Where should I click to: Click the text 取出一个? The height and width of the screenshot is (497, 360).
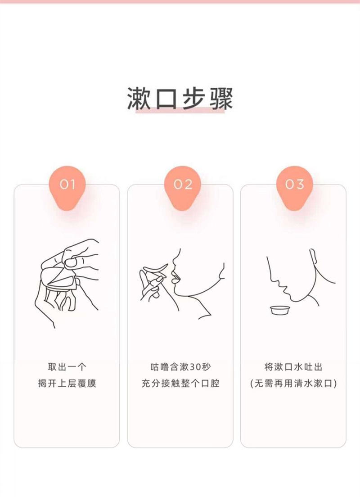[x=67, y=367]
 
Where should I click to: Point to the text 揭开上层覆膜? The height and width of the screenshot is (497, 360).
[x=67, y=384]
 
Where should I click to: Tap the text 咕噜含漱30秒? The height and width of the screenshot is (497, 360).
[x=180, y=367]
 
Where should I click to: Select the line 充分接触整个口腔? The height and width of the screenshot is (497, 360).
[x=180, y=384]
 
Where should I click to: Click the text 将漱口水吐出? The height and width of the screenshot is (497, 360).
[x=293, y=367]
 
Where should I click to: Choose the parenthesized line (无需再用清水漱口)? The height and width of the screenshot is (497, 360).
[x=293, y=384]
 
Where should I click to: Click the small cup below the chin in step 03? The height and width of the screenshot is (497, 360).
[x=280, y=310]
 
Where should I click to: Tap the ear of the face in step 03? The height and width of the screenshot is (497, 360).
[x=313, y=257]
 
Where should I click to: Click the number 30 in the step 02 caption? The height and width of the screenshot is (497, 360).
[x=196, y=367]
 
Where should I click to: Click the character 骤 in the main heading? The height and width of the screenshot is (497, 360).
[x=221, y=98]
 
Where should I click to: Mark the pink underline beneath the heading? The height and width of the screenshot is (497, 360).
[x=180, y=110]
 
